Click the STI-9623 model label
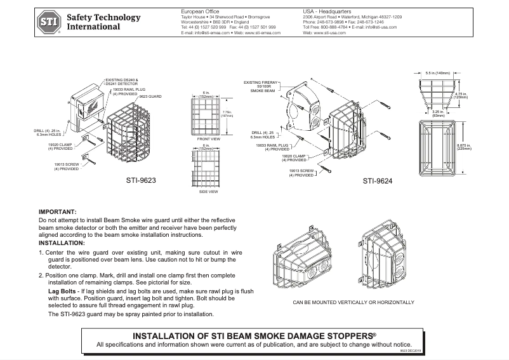(142, 180)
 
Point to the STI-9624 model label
(377, 180)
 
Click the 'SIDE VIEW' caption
(208, 190)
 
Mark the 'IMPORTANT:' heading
(58, 211)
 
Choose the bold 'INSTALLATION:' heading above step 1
(62, 243)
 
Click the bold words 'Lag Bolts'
(63, 290)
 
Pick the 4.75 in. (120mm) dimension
(461, 95)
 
